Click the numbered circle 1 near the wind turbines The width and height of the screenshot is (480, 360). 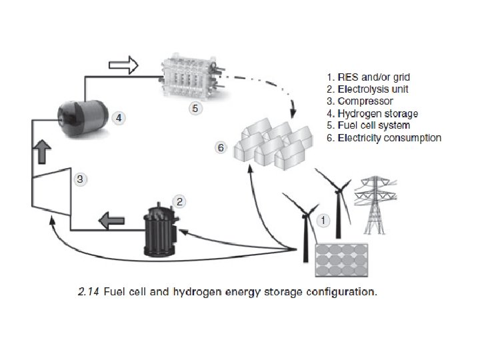pos(323,218)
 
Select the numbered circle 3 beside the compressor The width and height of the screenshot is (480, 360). pos(79,179)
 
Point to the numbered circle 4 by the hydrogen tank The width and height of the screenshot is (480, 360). pos(117,117)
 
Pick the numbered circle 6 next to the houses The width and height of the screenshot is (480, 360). pos(220,147)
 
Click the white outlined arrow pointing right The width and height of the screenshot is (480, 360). pos(123,65)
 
